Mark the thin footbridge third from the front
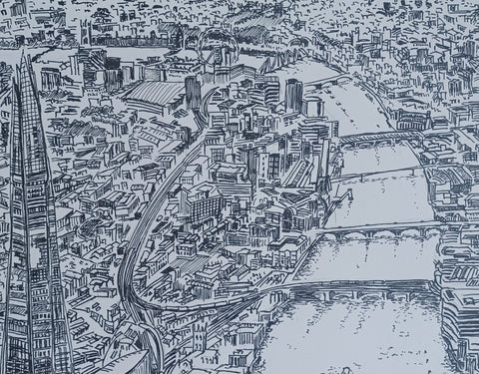(x=379, y=175)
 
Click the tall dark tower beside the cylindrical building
(x=293, y=96)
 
